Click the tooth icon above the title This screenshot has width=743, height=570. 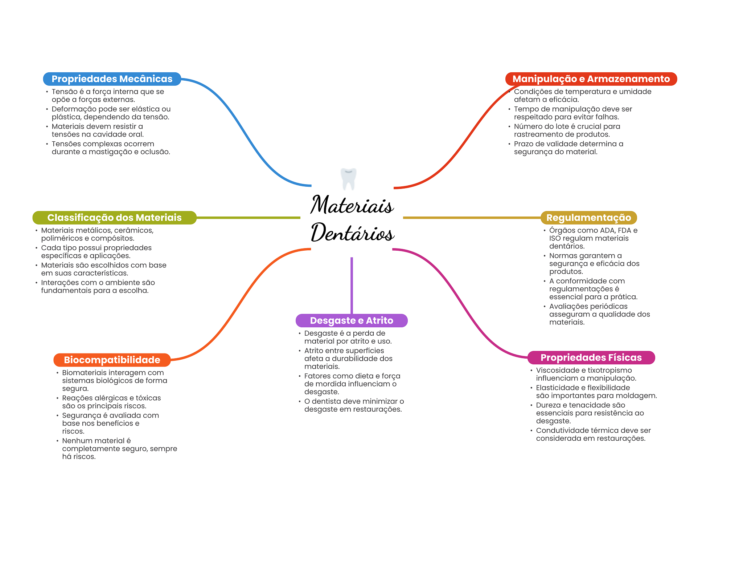pyautogui.click(x=348, y=178)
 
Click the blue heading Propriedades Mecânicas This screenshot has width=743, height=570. pyautogui.click(x=112, y=79)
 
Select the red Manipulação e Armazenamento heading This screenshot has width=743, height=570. pyautogui.click(x=591, y=79)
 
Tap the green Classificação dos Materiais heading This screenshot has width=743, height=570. pyautogui.click(x=114, y=218)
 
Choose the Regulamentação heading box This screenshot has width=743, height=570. pyautogui.click(x=588, y=218)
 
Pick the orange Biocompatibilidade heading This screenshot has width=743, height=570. pyautogui.click(x=112, y=360)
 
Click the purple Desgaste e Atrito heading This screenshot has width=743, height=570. pyautogui.click(x=351, y=320)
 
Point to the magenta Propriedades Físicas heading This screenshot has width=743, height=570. pyautogui.click(x=591, y=357)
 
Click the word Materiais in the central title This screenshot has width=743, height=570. pyautogui.click(x=352, y=205)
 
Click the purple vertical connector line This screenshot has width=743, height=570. pyautogui.click(x=352, y=285)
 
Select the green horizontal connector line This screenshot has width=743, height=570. pyautogui.click(x=248, y=218)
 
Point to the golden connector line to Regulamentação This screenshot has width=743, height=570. pyautogui.click(x=472, y=218)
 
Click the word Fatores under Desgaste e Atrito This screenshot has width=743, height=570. pyautogui.click(x=317, y=376)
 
